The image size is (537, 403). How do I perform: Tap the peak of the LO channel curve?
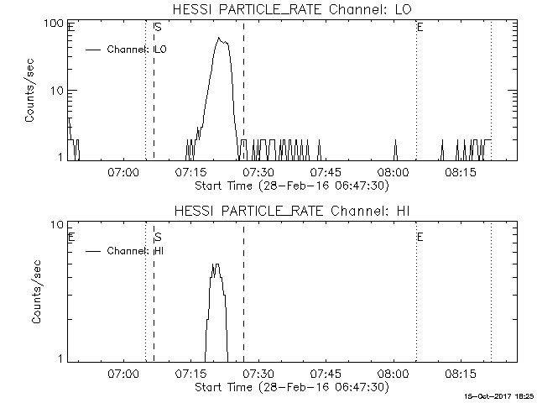218,38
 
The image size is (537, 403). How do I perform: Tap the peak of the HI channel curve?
216,264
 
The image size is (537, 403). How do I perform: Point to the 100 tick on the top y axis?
55,23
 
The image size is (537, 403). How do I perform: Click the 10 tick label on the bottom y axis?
58,225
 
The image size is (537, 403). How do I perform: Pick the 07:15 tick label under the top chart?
190,172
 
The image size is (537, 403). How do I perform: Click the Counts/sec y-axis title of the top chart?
31,91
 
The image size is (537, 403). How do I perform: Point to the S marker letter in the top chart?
158,28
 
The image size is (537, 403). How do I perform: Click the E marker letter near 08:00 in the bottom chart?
420,238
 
